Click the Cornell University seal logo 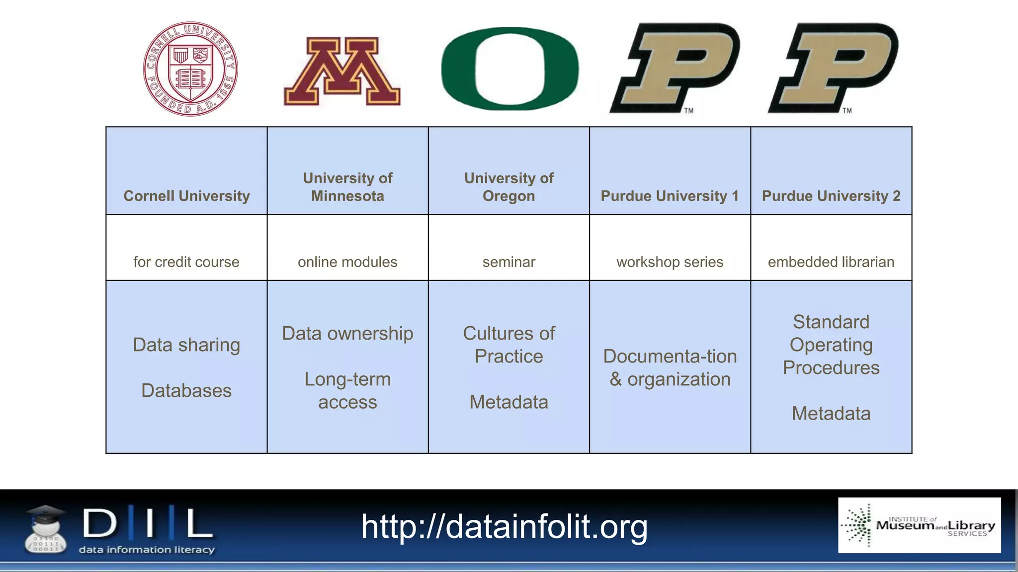point(190,69)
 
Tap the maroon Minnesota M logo point(342,71)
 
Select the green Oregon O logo point(510,69)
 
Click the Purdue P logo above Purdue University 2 point(833,68)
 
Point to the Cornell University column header point(186,196)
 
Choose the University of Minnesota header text point(347,187)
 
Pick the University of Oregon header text point(509,187)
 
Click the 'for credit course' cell point(186,262)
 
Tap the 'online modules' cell point(347,262)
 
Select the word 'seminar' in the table point(509,262)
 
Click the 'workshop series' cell point(670,262)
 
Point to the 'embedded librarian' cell point(831,262)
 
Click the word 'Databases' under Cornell point(186,390)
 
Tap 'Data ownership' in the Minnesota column point(347,333)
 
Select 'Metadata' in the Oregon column point(509,402)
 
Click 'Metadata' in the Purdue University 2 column point(831,413)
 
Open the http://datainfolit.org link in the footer point(504,526)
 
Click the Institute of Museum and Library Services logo point(919,525)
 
